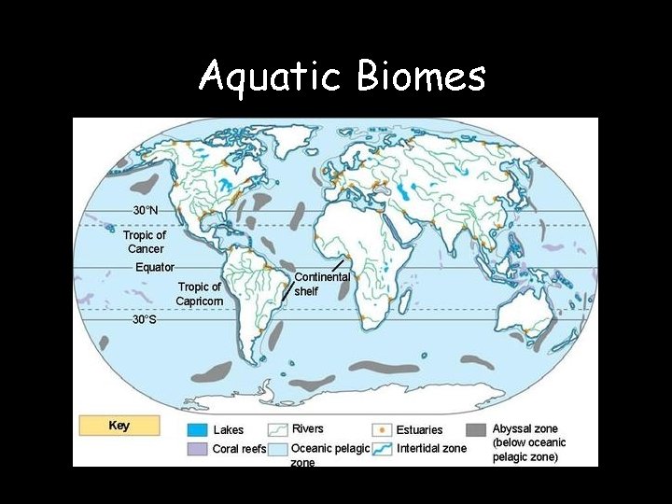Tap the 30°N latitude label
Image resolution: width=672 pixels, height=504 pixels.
[145, 211]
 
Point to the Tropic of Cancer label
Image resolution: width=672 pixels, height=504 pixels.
[145, 242]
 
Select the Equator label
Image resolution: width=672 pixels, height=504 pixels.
[155, 268]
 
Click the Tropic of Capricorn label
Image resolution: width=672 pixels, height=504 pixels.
[199, 294]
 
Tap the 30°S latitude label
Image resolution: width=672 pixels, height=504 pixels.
[144, 319]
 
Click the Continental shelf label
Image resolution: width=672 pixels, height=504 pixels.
[321, 284]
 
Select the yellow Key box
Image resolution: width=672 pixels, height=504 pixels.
[119, 426]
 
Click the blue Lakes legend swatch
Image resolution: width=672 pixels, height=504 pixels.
[197, 430]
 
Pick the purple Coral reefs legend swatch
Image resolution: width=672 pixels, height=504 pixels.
[197, 449]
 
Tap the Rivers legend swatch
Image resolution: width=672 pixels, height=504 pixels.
[278, 430]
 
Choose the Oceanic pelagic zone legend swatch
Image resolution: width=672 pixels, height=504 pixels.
[278, 449]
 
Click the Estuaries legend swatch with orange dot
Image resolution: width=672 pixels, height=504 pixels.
[381, 430]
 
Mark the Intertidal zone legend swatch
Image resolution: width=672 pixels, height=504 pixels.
[381, 449]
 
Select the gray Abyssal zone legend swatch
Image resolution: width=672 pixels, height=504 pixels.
[476, 430]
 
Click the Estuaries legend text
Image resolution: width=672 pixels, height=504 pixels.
[419, 430]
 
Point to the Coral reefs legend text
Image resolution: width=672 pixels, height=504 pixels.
[239, 449]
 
